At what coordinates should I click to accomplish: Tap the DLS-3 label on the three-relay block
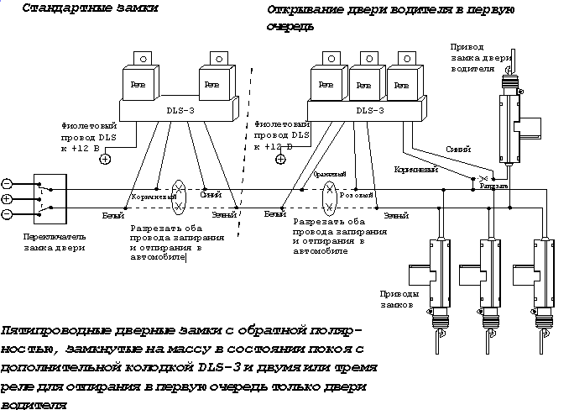tap(369, 109)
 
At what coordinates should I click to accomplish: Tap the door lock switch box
tap(50, 200)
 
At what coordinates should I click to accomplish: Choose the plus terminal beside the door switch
tap(7, 199)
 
